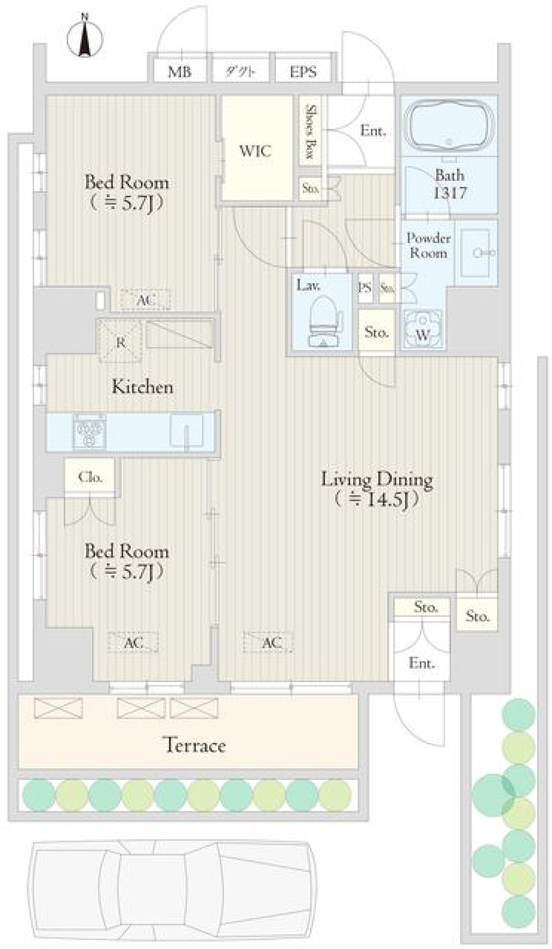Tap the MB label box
pyautogui.click(x=179, y=71)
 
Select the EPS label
pyautogui.click(x=303, y=71)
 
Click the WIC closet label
pyautogui.click(x=255, y=151)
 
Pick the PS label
pyautogui.click(x=365, y=288)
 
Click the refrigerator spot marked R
pyautogui.click(x=120, y=341)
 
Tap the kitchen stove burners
pyautogui.click(x=89, y=430)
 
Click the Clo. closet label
pyautogui.click(x=90, y=476)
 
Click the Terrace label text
pyautogui.click(x=194, y=745)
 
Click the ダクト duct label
pyautogui.click(x=240, y=71)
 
